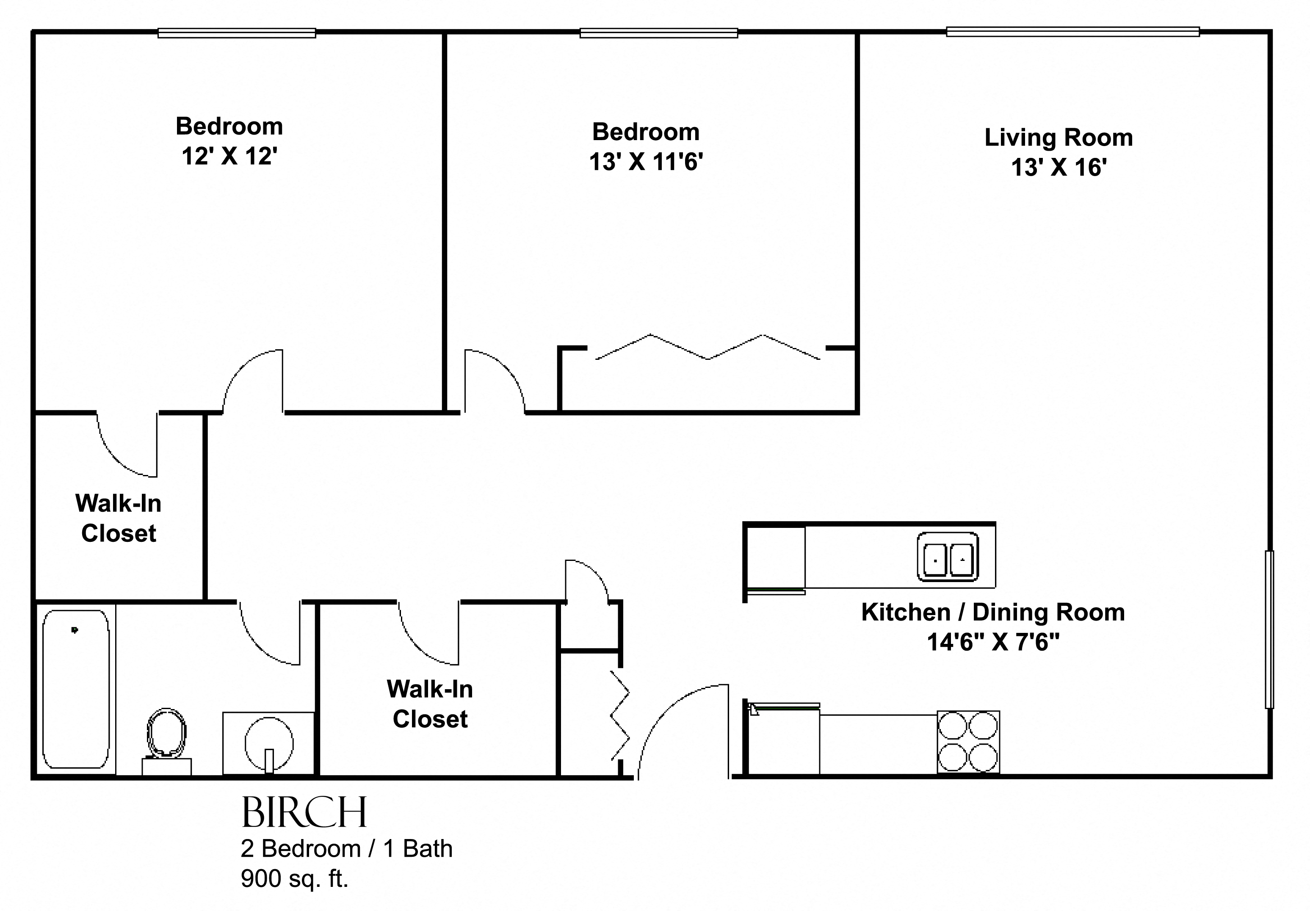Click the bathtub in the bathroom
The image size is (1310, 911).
(x=76, y=689)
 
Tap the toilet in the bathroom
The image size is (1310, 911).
(x=166, y=740)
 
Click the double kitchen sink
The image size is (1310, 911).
(x=948, y=557)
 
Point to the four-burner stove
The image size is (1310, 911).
(x=968, y=742)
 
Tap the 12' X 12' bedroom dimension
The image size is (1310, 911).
(x=229, y=156)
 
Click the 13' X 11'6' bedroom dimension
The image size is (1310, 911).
(x=646, y=162)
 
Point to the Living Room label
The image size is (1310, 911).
(x=1059, y=138)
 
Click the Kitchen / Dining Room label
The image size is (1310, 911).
(x=993, y=612)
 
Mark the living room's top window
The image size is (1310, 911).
(x=1072, y=32)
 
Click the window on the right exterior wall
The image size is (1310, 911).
(x=1269, y=629)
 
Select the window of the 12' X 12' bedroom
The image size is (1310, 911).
(x=237, y=33)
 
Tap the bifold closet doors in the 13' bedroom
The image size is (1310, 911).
(x=708, y=347)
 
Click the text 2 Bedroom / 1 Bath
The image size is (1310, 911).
(x=346, y=849)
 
